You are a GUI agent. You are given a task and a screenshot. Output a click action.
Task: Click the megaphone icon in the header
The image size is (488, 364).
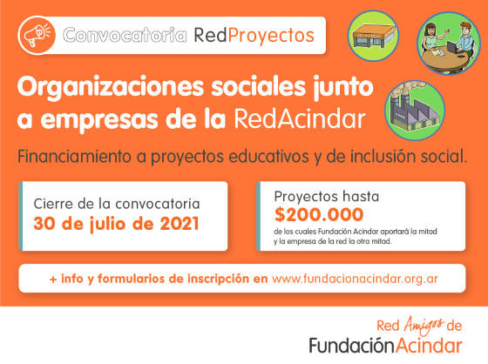(x=38, y=35)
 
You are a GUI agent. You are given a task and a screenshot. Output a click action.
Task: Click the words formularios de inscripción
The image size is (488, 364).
(x=178, y=279)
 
